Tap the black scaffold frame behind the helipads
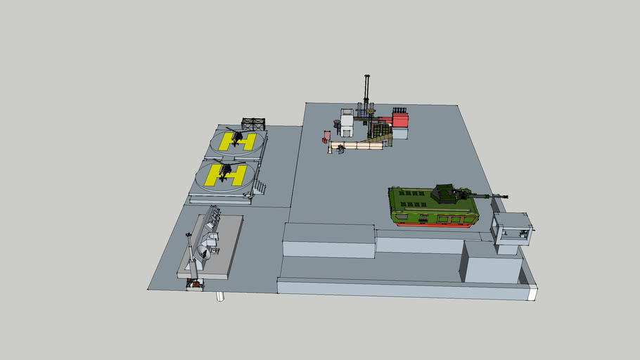coord(254,124)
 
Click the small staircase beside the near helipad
coord(259,186)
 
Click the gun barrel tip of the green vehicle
coord(506,196)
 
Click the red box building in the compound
coord(399,120)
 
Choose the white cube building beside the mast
coord(347,121)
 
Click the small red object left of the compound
coord(325,139)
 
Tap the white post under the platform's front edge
coord(219,296)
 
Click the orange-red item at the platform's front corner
coord(195,284)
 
